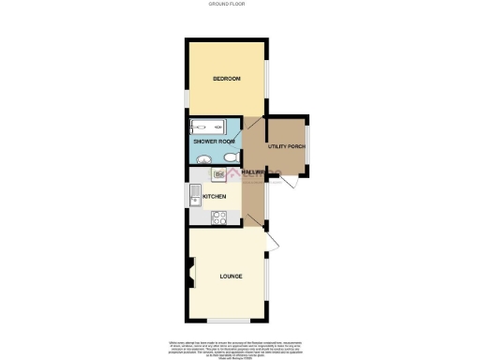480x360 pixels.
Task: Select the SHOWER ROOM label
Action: pyautogui.click(x=212, y=142)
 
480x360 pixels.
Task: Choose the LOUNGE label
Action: pyautogui.click(x=231, y=277)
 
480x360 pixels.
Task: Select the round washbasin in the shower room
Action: pyautogui.click(x=201, y=159)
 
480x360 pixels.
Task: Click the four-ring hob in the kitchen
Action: pyautogui.click(x=220, y=217)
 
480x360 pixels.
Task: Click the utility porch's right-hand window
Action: pyautogui.click(x=308, y=147)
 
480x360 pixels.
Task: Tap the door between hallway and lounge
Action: pyautogui.click(x=253, y=222)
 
